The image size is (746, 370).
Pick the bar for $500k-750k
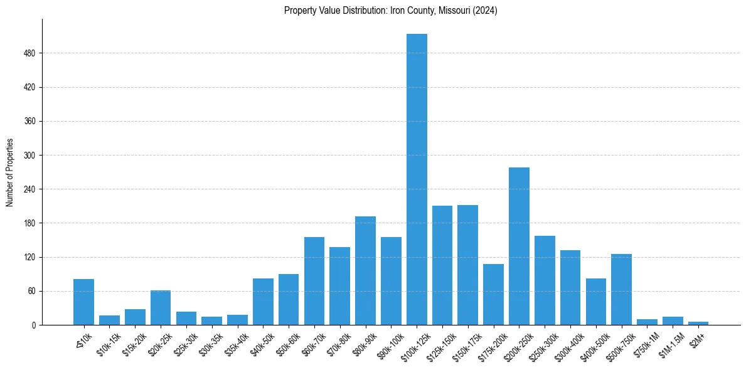(621, 289)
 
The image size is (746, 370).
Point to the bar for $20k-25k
(161, 307)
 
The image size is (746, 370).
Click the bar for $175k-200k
(493, 294)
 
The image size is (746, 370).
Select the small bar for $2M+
(698, 323)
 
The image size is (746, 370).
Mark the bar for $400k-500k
(595, 301)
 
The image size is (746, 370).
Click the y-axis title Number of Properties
(9, 172)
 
